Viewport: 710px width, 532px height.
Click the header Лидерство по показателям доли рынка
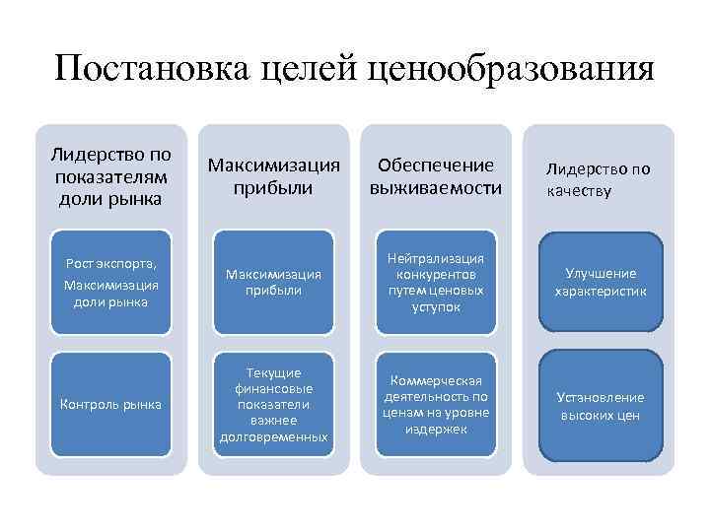click(110, 175)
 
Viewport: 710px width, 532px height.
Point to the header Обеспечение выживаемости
click(435, 175)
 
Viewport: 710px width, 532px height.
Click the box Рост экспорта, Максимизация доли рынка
click(110, 282)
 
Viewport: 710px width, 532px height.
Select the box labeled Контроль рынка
click(110, 404)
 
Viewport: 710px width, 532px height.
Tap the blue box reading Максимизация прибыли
click(273, 282)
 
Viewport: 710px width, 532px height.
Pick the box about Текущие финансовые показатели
click(273, 404)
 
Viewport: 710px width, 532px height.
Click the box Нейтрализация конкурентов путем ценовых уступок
click(435, 282)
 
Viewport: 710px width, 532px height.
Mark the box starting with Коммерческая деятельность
click(435, 404)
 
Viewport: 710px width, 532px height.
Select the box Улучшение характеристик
click(600, 282)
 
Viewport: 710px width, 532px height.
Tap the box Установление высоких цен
click(600, 405)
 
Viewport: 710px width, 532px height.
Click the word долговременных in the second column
click(273, 435)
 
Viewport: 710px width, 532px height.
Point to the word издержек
click(435, 430)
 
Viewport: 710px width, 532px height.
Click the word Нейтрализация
click(435, 258)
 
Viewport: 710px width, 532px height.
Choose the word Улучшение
click(600, 273)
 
